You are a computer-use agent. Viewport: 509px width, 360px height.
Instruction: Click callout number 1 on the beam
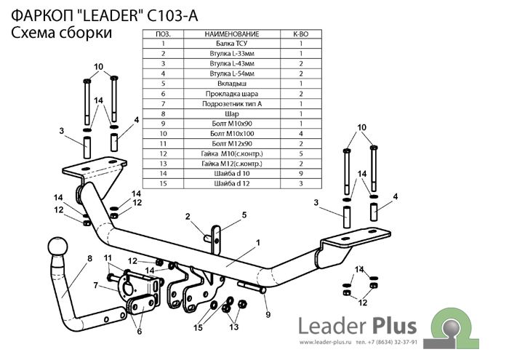point(257,241)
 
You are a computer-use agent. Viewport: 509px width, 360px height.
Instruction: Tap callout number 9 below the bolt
point(268,314)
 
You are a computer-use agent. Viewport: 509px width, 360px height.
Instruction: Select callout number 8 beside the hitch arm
point(89,259)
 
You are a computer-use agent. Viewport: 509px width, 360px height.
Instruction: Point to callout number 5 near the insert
point(244,215)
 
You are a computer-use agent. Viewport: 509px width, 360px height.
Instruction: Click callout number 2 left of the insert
point(187,217)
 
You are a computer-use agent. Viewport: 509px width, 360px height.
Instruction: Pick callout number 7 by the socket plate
point(95,285)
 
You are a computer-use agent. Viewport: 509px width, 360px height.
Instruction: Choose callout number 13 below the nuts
point(234,328)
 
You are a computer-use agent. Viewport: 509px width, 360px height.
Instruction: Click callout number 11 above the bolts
point(107,259)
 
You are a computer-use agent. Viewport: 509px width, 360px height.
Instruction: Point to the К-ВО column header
point(300,33)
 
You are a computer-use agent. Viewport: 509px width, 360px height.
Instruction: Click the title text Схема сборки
point(62,33)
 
